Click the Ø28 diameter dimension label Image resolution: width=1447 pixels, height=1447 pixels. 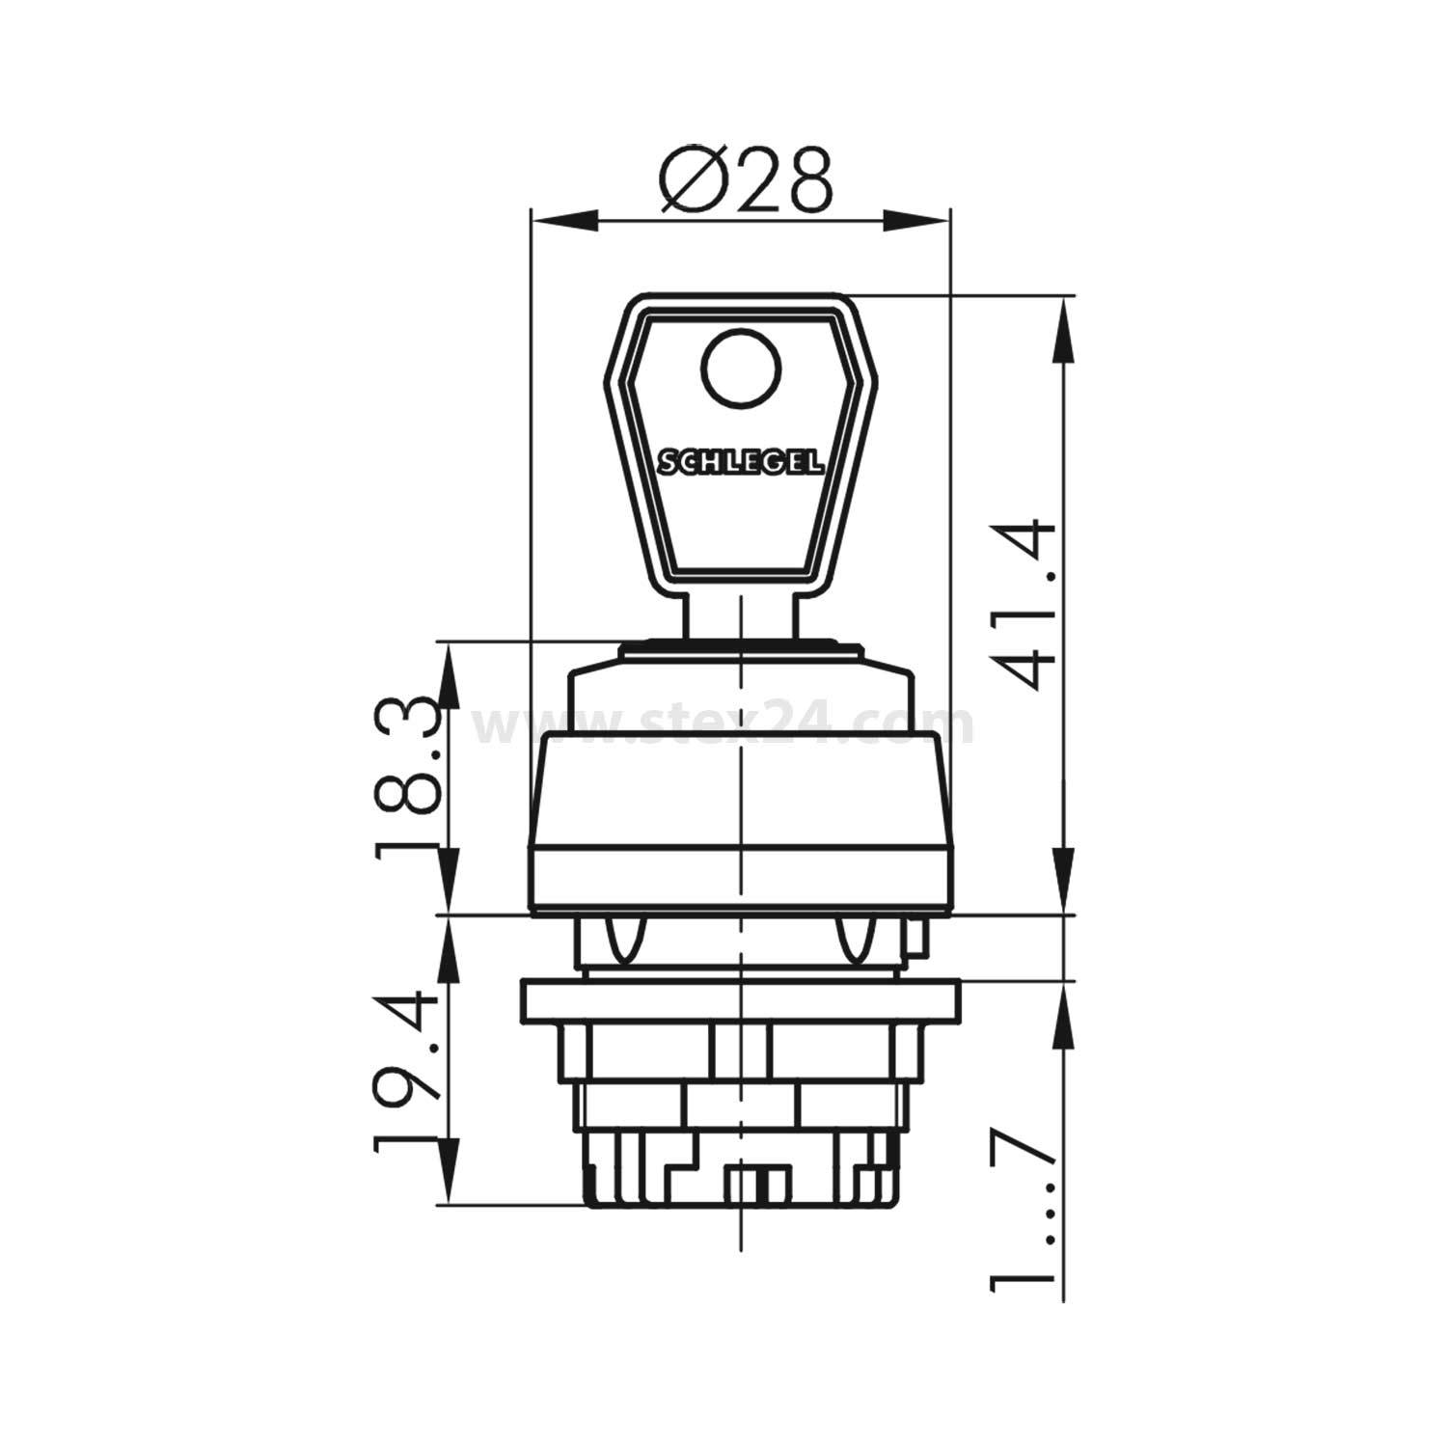[x=745, y=180]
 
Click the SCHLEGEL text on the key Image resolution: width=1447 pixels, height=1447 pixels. [x=741, y=463]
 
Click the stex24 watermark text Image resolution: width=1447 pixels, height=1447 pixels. [x=723, y=725]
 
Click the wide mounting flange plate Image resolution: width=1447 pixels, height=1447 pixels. [x=739, y=1001]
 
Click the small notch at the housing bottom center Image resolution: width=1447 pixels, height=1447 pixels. [x=758, y=1185]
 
